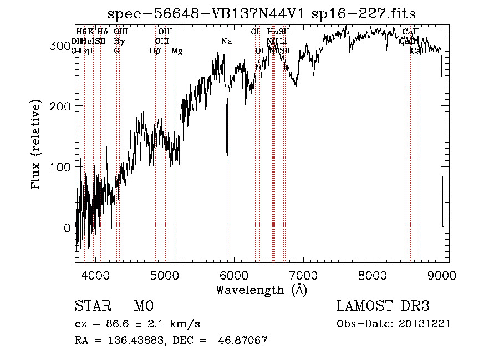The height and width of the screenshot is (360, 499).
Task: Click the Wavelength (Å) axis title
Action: [261, 290]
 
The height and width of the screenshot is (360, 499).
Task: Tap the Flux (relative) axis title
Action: [37, 145]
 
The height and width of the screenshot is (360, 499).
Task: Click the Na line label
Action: [227, 42]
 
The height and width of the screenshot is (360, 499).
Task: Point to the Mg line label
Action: [177, 51]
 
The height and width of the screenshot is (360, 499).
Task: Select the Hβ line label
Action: [155, 51]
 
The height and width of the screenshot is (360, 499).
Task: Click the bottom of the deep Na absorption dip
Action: [227, 161]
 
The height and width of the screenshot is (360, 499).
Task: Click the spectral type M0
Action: [143, 306]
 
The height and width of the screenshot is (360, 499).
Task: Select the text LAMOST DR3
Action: [383, 306]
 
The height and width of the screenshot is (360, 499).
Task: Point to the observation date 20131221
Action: [427, 324]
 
